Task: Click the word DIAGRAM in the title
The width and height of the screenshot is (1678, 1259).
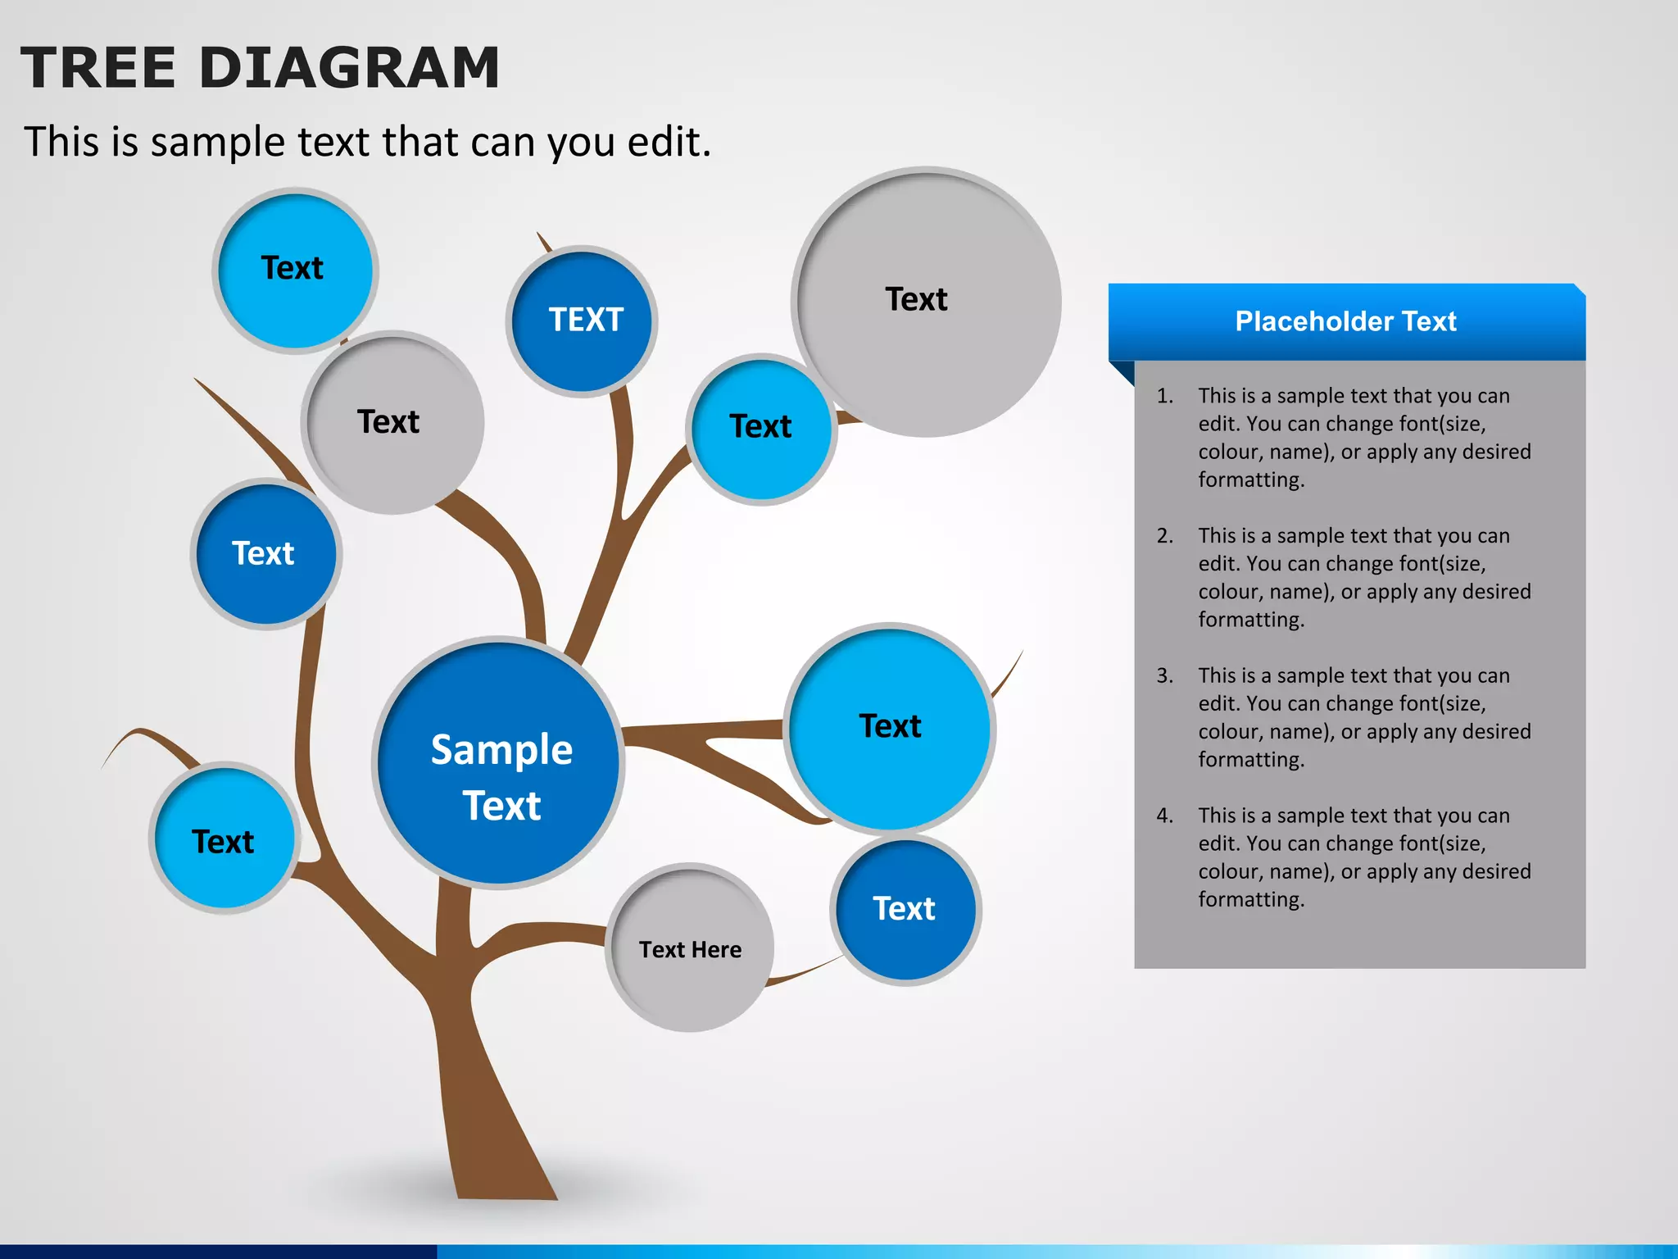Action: (x=349, y=67)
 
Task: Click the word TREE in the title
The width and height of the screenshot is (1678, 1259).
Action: (x=98, y=67)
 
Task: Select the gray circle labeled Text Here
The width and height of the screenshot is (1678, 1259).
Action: (x=690, y=949)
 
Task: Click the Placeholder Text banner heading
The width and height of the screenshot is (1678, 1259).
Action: (x=1345, y=321)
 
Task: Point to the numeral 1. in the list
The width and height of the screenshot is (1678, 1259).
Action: (x=1164, y=396)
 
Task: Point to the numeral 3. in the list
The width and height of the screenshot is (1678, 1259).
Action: (x=1164, y=676)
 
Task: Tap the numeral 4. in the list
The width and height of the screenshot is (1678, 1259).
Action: (x=1164, y=816)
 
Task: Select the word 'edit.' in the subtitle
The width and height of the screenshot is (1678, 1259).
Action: (x=669, y=142)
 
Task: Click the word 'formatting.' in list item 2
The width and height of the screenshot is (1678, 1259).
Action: (x=1250, y=620)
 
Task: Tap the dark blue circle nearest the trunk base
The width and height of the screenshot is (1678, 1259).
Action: (x=905, y=910)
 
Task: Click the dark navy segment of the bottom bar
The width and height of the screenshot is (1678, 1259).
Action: (x=217, y=1252)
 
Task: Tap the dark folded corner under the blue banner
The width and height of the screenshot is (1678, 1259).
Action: (x=1123, y=371)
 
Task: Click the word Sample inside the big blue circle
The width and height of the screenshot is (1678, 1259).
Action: (x=501, y=750)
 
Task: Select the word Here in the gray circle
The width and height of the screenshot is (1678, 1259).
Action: (x=720, y=949)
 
